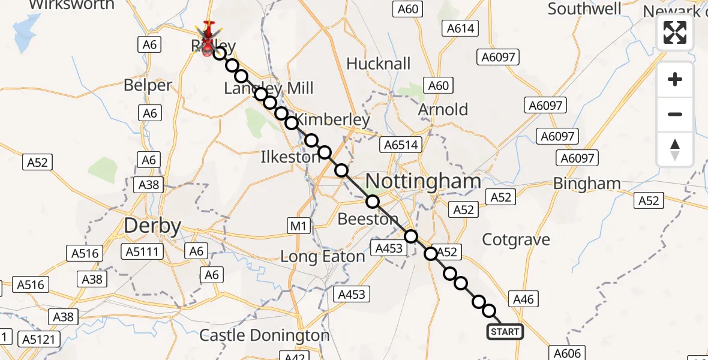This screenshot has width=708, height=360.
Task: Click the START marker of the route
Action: pos(504,331)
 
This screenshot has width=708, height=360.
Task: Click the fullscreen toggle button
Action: pos(675,32)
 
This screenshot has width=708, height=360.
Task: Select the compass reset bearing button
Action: pos(675,149)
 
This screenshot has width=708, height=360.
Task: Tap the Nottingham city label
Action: pos(423,181)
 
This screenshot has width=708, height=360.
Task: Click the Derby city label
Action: pos(152,226)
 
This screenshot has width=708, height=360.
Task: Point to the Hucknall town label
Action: pos(379,64)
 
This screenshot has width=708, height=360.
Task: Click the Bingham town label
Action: pos(587,183)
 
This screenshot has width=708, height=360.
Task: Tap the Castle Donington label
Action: pos(265,335)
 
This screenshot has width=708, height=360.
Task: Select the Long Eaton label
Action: pos(323,257)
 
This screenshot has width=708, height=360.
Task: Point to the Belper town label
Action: pos(148,85)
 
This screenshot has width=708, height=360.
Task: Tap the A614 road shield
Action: pos(460,28)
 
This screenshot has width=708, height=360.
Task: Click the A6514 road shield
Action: pos(401,145)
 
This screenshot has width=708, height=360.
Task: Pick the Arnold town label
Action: pos(443,110)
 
